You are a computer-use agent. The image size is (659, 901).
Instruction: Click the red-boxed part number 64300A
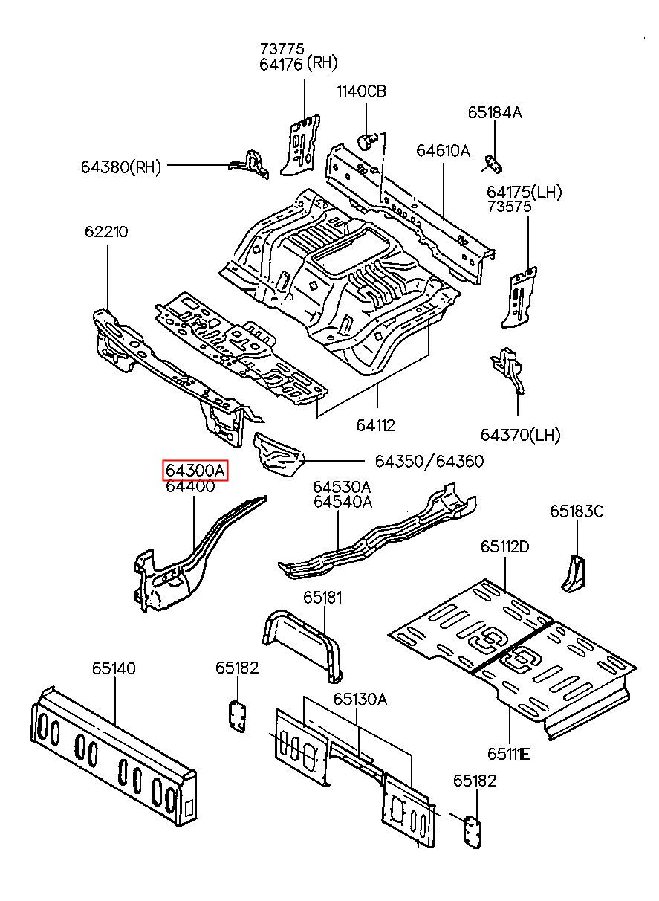(x=195, y=471)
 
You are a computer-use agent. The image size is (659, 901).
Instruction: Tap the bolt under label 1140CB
(x=367, y=141)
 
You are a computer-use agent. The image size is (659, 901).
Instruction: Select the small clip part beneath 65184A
(x=494, y=164)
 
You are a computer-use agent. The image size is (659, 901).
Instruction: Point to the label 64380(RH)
(x=121, y=167)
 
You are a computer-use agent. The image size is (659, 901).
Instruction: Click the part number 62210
(x=106, y=232)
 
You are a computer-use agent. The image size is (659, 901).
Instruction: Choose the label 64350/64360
(x=429, y=462)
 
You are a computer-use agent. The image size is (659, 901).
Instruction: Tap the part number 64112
(x=376, y=425)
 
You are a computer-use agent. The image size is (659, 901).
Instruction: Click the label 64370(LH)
(x=520, y=435)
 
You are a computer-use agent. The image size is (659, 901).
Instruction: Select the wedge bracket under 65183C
(x=574, y=574)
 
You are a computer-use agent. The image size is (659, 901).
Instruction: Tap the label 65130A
(x=360, y=700)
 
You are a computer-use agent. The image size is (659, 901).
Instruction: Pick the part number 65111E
(x=509, y=754)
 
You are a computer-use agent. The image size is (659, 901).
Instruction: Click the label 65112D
(x=505, y=546)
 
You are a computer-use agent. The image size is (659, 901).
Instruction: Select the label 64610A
(x=443, y=151)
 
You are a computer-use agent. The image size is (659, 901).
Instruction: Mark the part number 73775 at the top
(x=282, y=49)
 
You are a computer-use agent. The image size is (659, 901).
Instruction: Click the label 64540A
(x=343, y=502)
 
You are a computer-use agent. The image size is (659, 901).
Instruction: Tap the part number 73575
(x=510, y=207)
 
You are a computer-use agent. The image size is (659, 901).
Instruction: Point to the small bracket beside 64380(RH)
(x=249, y=164)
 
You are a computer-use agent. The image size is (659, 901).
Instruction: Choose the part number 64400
(x=191, y=486)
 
